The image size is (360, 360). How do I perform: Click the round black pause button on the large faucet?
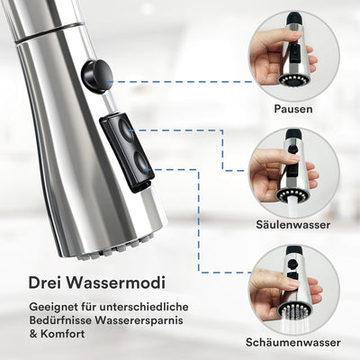point(97,75)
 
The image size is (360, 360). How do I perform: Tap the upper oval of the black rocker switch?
point(127,130)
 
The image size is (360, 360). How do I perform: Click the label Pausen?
point(293,109)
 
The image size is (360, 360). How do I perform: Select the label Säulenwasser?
point(292,225)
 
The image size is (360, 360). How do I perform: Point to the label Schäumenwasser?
point(292,342)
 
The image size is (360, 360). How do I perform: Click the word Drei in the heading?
point(44,283)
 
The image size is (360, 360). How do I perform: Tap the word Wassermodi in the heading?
point(115,283)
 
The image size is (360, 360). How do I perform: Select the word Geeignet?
point(53,308)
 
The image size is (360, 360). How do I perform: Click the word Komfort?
point(62,334)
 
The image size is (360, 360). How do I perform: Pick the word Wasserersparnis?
point(139,320)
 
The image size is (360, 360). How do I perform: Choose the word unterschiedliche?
point(144,307)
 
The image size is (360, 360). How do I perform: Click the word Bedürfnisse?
point(60,320)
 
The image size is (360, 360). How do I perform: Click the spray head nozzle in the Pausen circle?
point(293,79)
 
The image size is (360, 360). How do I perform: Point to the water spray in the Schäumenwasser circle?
point(292,324)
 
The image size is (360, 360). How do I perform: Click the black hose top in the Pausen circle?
point(294,18)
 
